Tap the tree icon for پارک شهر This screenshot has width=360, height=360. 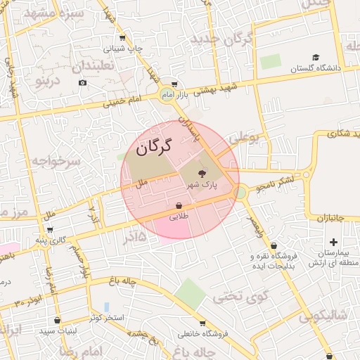tap(202, 173)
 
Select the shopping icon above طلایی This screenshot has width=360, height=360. tap(179, 206)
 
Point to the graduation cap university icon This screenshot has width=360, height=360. tap(316, 57)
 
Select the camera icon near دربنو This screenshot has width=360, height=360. tap(82, 83)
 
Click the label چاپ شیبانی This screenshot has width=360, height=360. tap(124, 49)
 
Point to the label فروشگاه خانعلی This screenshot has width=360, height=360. tap(202, 334)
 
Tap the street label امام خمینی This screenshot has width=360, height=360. tap(123, 101)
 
